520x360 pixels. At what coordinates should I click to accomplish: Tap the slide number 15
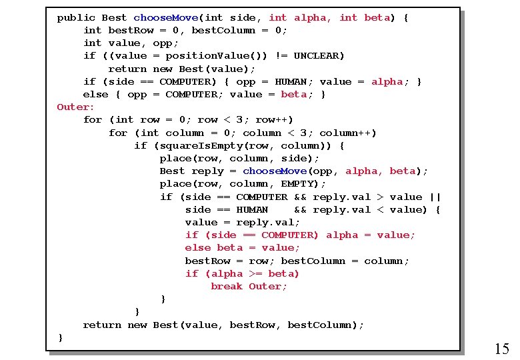tap(502, 349)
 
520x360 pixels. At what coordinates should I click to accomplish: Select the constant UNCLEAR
tap(319, 56)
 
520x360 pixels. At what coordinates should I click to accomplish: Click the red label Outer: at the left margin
tap(76, 107)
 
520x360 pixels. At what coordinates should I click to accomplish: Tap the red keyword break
tap(227, 287)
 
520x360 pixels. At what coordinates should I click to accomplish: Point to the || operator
tap(435, 197)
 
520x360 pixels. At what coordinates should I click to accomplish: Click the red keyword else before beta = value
tap(198, 248)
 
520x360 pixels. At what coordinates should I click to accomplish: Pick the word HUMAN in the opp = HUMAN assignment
tap(291, 82)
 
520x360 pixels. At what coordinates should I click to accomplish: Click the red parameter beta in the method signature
tap(377, 18)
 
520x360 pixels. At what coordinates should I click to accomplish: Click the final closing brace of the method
tap(61, 338)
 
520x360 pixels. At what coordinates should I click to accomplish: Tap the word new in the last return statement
tap(137, 325)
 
